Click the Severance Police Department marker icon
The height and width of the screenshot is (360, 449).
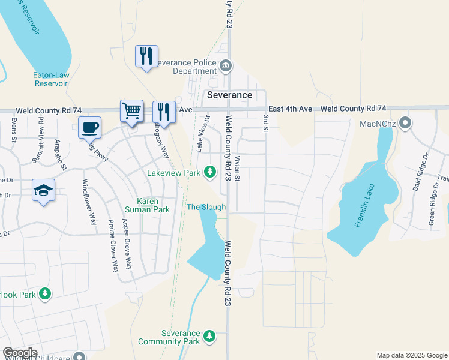[x=226, y=66]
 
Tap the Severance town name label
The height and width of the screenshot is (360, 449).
[x=229, y=95]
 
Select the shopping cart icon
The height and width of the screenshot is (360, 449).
[x=132, y=110]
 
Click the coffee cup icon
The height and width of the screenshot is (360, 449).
[x=89, y=127]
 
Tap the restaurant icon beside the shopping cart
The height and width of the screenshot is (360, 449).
[x=163, y=111]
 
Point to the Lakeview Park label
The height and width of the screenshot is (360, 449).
[x=174, y=173]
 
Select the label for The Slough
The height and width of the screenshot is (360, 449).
[x=206, y=207]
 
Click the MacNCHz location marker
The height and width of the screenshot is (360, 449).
[x=406, y=124]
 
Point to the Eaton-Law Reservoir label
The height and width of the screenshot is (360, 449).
[x=50, y=79]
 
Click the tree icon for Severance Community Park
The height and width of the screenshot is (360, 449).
[x=209, y=335]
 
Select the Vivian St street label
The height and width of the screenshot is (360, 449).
[x=238, y=169]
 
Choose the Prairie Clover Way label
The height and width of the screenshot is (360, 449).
[x=113, y=248]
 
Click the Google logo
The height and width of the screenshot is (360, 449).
[x=20, y=353]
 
